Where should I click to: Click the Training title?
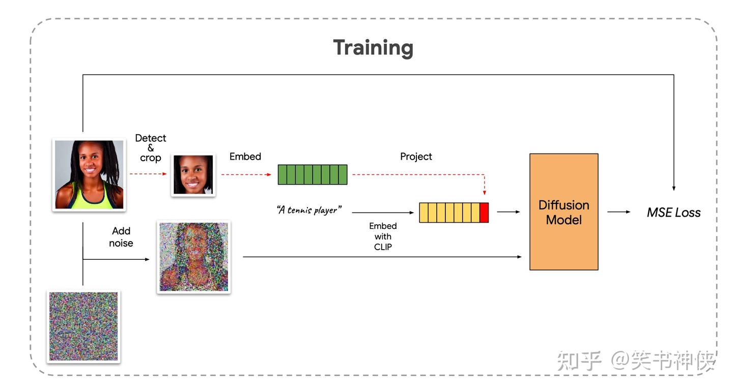[x=373, y=48]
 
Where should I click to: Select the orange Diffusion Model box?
[x=563, y=212]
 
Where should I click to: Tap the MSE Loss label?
[x=673, y=213]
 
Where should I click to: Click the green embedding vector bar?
[x=312, y=174]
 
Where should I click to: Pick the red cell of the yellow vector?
[x=484, y=213]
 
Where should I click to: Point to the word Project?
[x=416, y=157]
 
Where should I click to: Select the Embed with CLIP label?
[x=383, y=236]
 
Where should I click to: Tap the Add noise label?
[x=121, y=237]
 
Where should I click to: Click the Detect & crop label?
[x=151, y=147]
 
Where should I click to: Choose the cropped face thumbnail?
[x=193, y=175]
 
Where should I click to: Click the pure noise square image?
[x=83, y=326]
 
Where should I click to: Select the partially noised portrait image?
[x=193, y=257]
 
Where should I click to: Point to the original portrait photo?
[x=89, y=174]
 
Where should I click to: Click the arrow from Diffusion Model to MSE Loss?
[x=619, y=212]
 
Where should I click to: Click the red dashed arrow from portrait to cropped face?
[x=148, y=174]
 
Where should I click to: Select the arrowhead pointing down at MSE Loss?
[x=673, y=187]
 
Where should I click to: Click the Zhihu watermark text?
[x=636, y=361]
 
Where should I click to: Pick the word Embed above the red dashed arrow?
[x=245, y=157]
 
